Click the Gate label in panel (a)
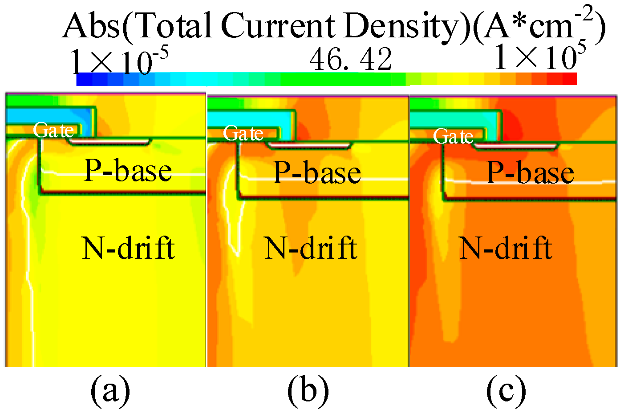pyautogui.click(x=54, y=130)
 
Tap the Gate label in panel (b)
pyautogui.click(x=243, y=133)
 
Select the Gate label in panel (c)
pyautogui.click(x=454, y=136)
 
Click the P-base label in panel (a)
pyautogui.click(x=128, y=171)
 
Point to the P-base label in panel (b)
pyautogui.click(x=317, y=172)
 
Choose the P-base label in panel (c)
pyautogui.click(x=530, y=172)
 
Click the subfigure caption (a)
pyautogui.click(x=110, y=390)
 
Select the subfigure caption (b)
pyautogui.click(x=308, y=390)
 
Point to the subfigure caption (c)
pyautogui.click(x=506, y=390)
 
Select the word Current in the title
pyautogui.click(x=279, y=26)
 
